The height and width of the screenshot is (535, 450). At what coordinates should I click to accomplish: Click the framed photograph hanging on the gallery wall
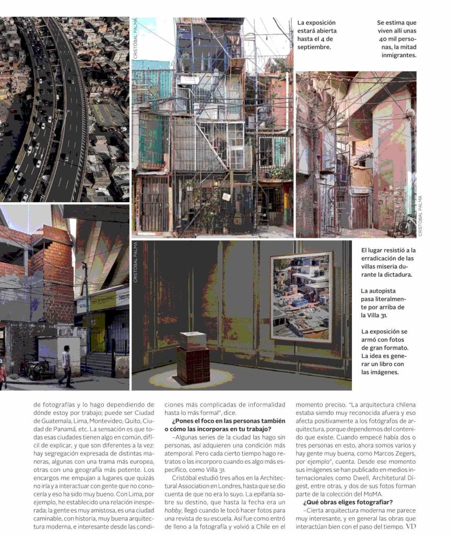[301, 296]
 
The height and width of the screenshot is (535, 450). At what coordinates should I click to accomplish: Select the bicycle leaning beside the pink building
[406, 225]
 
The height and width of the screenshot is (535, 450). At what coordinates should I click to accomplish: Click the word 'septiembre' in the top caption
[314, 47]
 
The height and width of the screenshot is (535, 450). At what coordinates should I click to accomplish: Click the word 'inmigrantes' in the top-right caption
[398, 55]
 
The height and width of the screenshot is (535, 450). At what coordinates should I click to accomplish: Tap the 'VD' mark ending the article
[412, 527]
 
